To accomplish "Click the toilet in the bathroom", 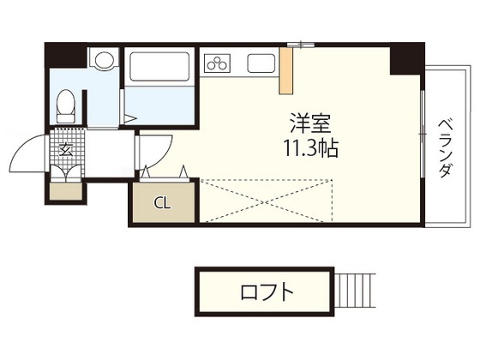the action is pos(65,105).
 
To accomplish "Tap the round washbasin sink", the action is pos(105,59).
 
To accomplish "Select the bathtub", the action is pos(159,67).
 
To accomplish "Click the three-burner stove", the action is pos(217,63).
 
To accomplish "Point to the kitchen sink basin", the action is pos(261,63).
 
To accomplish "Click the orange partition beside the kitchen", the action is pos(286,70).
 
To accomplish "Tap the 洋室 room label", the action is pos(310,123).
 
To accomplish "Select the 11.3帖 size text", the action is pos(311,148).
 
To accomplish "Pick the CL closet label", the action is pos(162,202).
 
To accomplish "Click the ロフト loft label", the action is pos(267,291).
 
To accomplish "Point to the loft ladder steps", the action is pos(355,291).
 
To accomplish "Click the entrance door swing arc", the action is pos(21,147).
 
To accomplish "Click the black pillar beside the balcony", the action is pos(407,59).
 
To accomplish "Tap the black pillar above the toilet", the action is pos(65,55).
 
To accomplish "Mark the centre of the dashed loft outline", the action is pos(266,201).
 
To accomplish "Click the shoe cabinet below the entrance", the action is pos(66,191).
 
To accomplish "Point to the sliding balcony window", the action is pos(423,134).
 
